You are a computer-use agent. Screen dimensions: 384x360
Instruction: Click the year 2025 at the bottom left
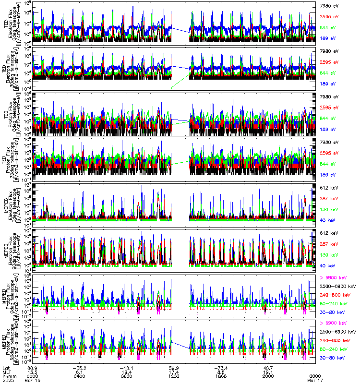8,380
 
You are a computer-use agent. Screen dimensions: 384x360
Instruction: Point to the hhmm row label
9,376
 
